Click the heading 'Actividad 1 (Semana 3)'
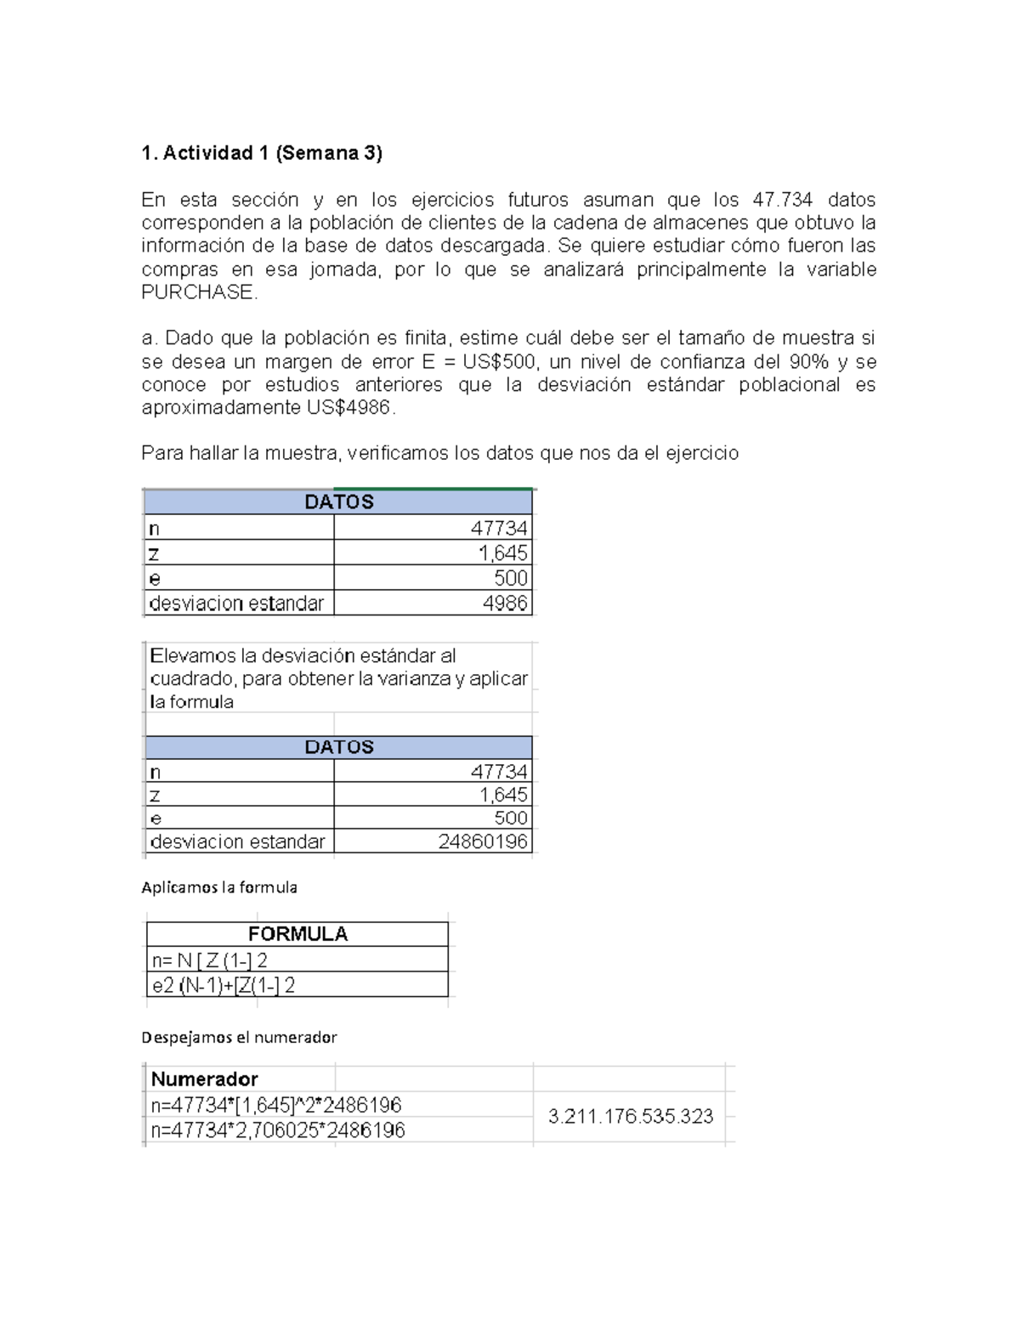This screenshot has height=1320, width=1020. click(x=262, y=153)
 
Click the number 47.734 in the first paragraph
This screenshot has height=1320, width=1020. click(x=782, y=200)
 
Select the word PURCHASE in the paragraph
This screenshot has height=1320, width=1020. click(x=197, y=292)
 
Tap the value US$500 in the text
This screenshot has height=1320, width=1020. click(x=499, y=362)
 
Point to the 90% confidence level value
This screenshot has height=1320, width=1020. click(x=808, y=362)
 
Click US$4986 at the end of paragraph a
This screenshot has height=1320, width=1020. click(x=349, y=408)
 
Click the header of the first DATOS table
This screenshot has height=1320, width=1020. click(x=338, y=502)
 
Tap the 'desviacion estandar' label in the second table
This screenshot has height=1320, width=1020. click(x=237, y=841)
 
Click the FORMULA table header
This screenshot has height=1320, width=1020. click(x=297, y=934)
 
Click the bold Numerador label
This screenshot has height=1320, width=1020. click(x=204, y=1079)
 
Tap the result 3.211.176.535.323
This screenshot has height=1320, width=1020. click(x=631, y=1117)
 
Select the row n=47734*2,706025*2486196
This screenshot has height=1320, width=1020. click(x=278, y=1130)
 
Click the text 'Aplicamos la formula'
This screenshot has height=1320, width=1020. click(x=219, y=887)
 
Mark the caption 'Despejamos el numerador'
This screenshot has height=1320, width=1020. click(x=240, y=1037)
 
